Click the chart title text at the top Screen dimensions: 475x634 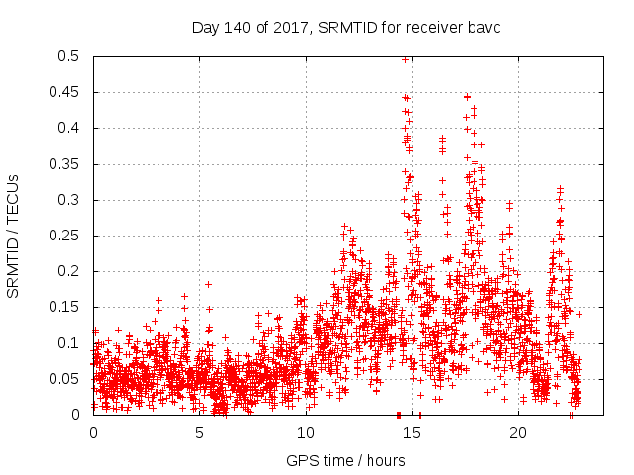click(x=346, y=27)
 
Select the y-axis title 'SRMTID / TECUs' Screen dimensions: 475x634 click(x=14, y=236)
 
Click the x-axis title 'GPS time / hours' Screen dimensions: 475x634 click(x=346, y=460)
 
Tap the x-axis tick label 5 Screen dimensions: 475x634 click(x=200, y=432)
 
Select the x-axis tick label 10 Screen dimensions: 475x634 click(x=305, y=432)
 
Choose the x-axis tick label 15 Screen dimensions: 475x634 click(x=411, y=432)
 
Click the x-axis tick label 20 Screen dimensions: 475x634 click(x=517, y=432)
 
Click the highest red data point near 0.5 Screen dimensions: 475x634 click(x=406, y=59)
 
